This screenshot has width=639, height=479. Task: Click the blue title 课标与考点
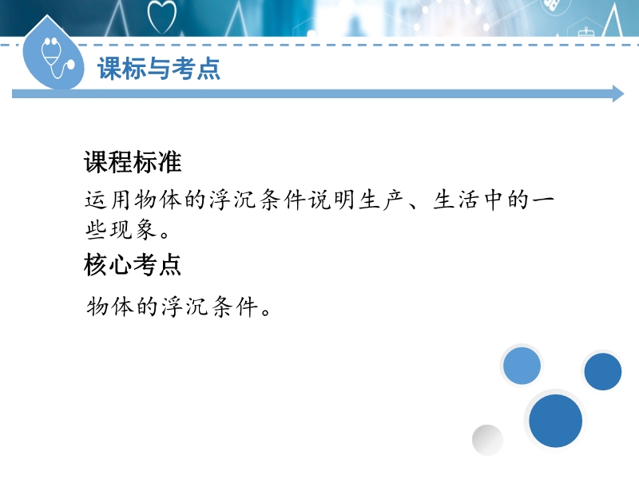(x=159, y=68)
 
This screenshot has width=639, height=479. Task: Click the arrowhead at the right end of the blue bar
(x=618, y=93)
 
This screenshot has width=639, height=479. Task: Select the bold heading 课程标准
(x=133, y=162)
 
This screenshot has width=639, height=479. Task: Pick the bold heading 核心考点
(x=133, y=265)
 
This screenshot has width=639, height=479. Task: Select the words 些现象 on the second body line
(x=121, y=229)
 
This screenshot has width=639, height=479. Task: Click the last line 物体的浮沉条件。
(x=178, y=307)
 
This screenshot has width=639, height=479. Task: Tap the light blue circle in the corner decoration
(x=522, y=366)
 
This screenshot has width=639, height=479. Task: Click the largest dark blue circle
(x=555, y=421)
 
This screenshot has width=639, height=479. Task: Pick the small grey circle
(x=487, y=440)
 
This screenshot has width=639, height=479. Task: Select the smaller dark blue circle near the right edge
(x=603, y=371)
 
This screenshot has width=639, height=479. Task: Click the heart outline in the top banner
(x=162, y=17)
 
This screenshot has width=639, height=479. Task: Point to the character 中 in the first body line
(x=493, y=200)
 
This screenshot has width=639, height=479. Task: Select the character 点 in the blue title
(x=208, y=68)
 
